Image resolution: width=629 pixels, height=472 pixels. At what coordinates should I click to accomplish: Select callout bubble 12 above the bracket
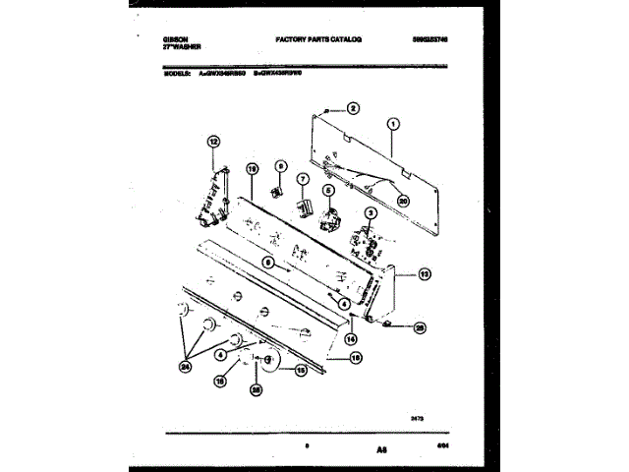pyautogui.click(x=212, y=143)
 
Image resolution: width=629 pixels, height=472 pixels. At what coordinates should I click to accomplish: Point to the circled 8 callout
pyautogui.click(x=280, y=167)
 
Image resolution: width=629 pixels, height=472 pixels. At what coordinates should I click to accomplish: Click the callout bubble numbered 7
pyautogui.click(x=303, y=179)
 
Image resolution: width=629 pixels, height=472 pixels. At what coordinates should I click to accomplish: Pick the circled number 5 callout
pyautogui.click(x=329, y=194)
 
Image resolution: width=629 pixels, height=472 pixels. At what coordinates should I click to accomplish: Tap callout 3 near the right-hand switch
pyautogui.click(x=371, y=212)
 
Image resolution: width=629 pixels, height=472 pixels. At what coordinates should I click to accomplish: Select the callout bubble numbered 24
pyautogui.click(x=184, y=369)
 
